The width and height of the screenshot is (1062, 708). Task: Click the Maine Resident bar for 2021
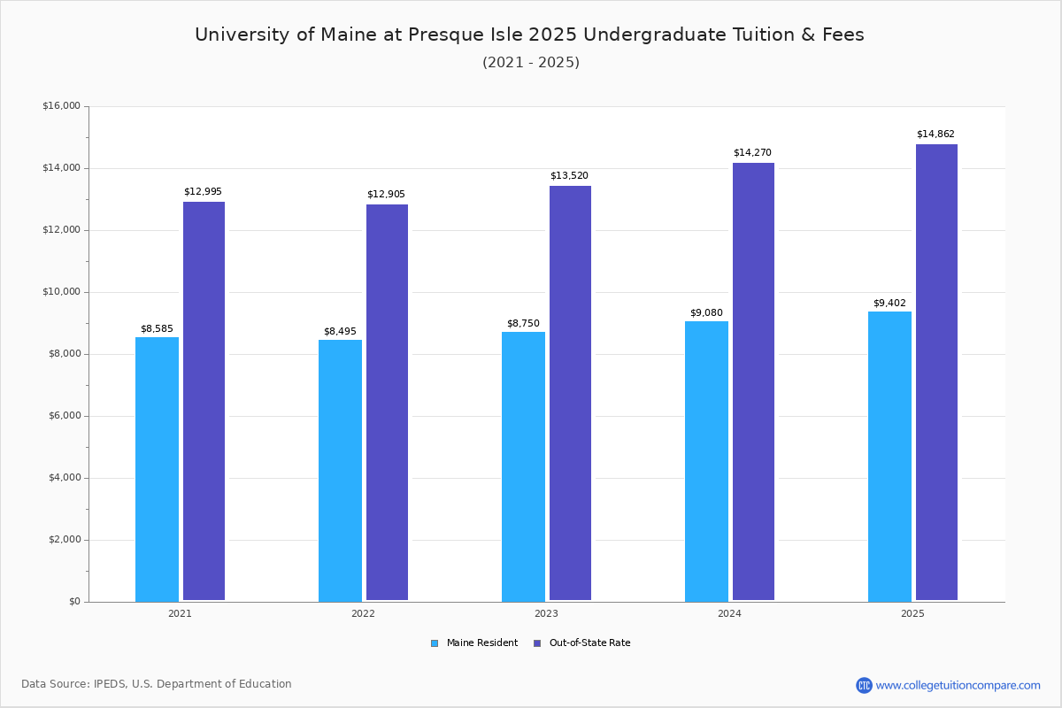point(157,469)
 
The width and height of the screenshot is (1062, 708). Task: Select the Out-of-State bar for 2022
point(387,403)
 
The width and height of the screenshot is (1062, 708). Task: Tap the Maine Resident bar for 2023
point(523,466)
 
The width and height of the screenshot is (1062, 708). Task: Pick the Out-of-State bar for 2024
point(753,381)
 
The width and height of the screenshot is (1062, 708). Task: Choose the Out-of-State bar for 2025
point(936,373)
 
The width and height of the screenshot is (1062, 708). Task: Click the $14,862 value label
point(935,135)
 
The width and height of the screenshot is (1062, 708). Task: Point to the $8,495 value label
point(340,332)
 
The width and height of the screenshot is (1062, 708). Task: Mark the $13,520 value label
point(569,176)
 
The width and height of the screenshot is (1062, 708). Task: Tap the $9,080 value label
point(706,313)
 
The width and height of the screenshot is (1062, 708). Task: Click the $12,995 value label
point(203,192)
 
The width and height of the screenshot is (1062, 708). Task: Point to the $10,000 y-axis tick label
point(61,292)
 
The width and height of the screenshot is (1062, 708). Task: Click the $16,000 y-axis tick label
point(61,106)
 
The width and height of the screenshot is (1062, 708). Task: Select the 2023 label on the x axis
point(546,613)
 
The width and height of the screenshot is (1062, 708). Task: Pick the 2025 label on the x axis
point(912,613)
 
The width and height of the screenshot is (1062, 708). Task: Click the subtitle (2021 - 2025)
point(531,63)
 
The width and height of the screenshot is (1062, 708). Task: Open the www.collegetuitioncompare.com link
point(958,685)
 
